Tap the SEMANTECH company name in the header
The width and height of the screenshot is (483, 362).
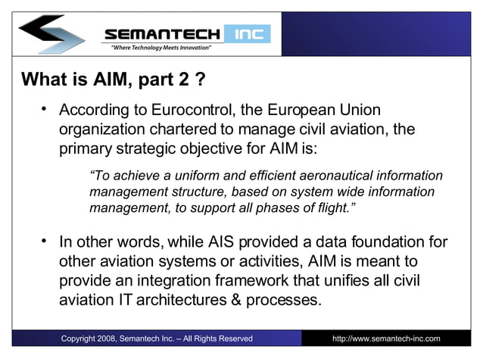pyautogui.click(x=162, y=34)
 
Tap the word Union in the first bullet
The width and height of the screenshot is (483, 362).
pyautogui.click(x=351, y=111)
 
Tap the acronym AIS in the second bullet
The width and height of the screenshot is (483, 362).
pyautogui.click(x=218, y=243)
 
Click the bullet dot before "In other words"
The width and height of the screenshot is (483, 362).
pyautogui.click(x=45, y=242)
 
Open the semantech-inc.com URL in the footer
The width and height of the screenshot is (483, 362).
pyautogui.click(x=386, y=339)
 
